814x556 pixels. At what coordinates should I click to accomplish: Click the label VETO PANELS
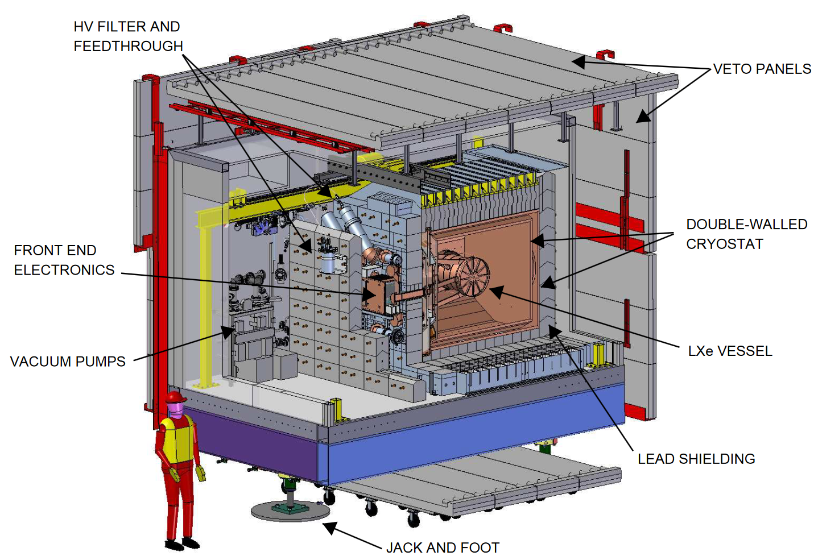(762, 69)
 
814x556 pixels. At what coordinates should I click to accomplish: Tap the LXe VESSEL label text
(730, 351)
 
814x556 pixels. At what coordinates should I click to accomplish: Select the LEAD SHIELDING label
(696, 459)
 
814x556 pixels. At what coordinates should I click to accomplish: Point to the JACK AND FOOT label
(443, 547)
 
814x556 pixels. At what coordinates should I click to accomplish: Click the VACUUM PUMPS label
(68, 362)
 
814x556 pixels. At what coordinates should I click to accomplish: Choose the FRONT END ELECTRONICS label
(64, 260)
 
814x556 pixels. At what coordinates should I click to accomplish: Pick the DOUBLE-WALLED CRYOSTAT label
(746, 234)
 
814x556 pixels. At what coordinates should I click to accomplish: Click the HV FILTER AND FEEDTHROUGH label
(128, 36)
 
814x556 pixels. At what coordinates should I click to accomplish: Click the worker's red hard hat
(176, 396)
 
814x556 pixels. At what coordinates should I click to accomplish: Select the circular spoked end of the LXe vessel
(473, 276)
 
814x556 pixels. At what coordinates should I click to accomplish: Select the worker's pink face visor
(177, 409)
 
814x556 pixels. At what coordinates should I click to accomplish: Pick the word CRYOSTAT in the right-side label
(724, 244)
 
